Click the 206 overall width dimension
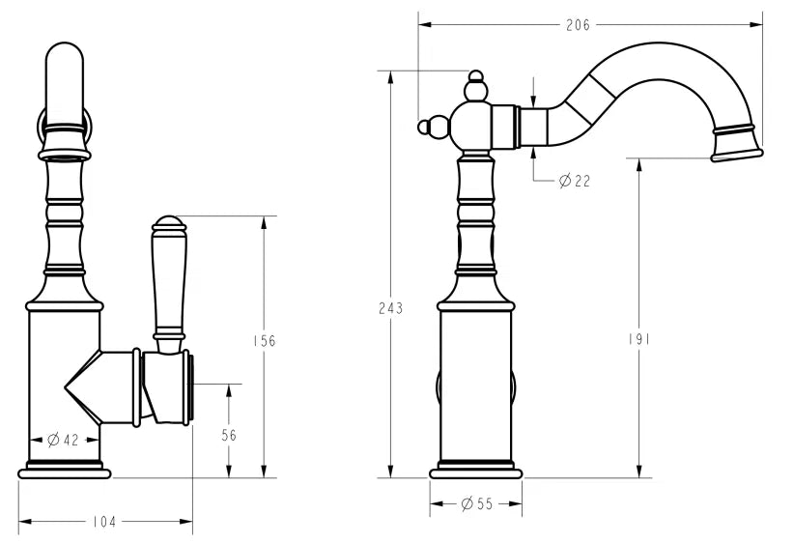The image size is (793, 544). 578,26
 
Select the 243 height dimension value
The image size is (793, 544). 390,308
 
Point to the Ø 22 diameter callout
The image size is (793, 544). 574,181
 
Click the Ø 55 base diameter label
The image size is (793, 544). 476,503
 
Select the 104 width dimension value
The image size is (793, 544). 104,522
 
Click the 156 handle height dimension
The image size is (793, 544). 264,340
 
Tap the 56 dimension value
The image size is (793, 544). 229,435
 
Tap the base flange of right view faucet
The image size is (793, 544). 476,472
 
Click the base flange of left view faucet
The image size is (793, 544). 65,472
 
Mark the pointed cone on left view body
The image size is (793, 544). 81,387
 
